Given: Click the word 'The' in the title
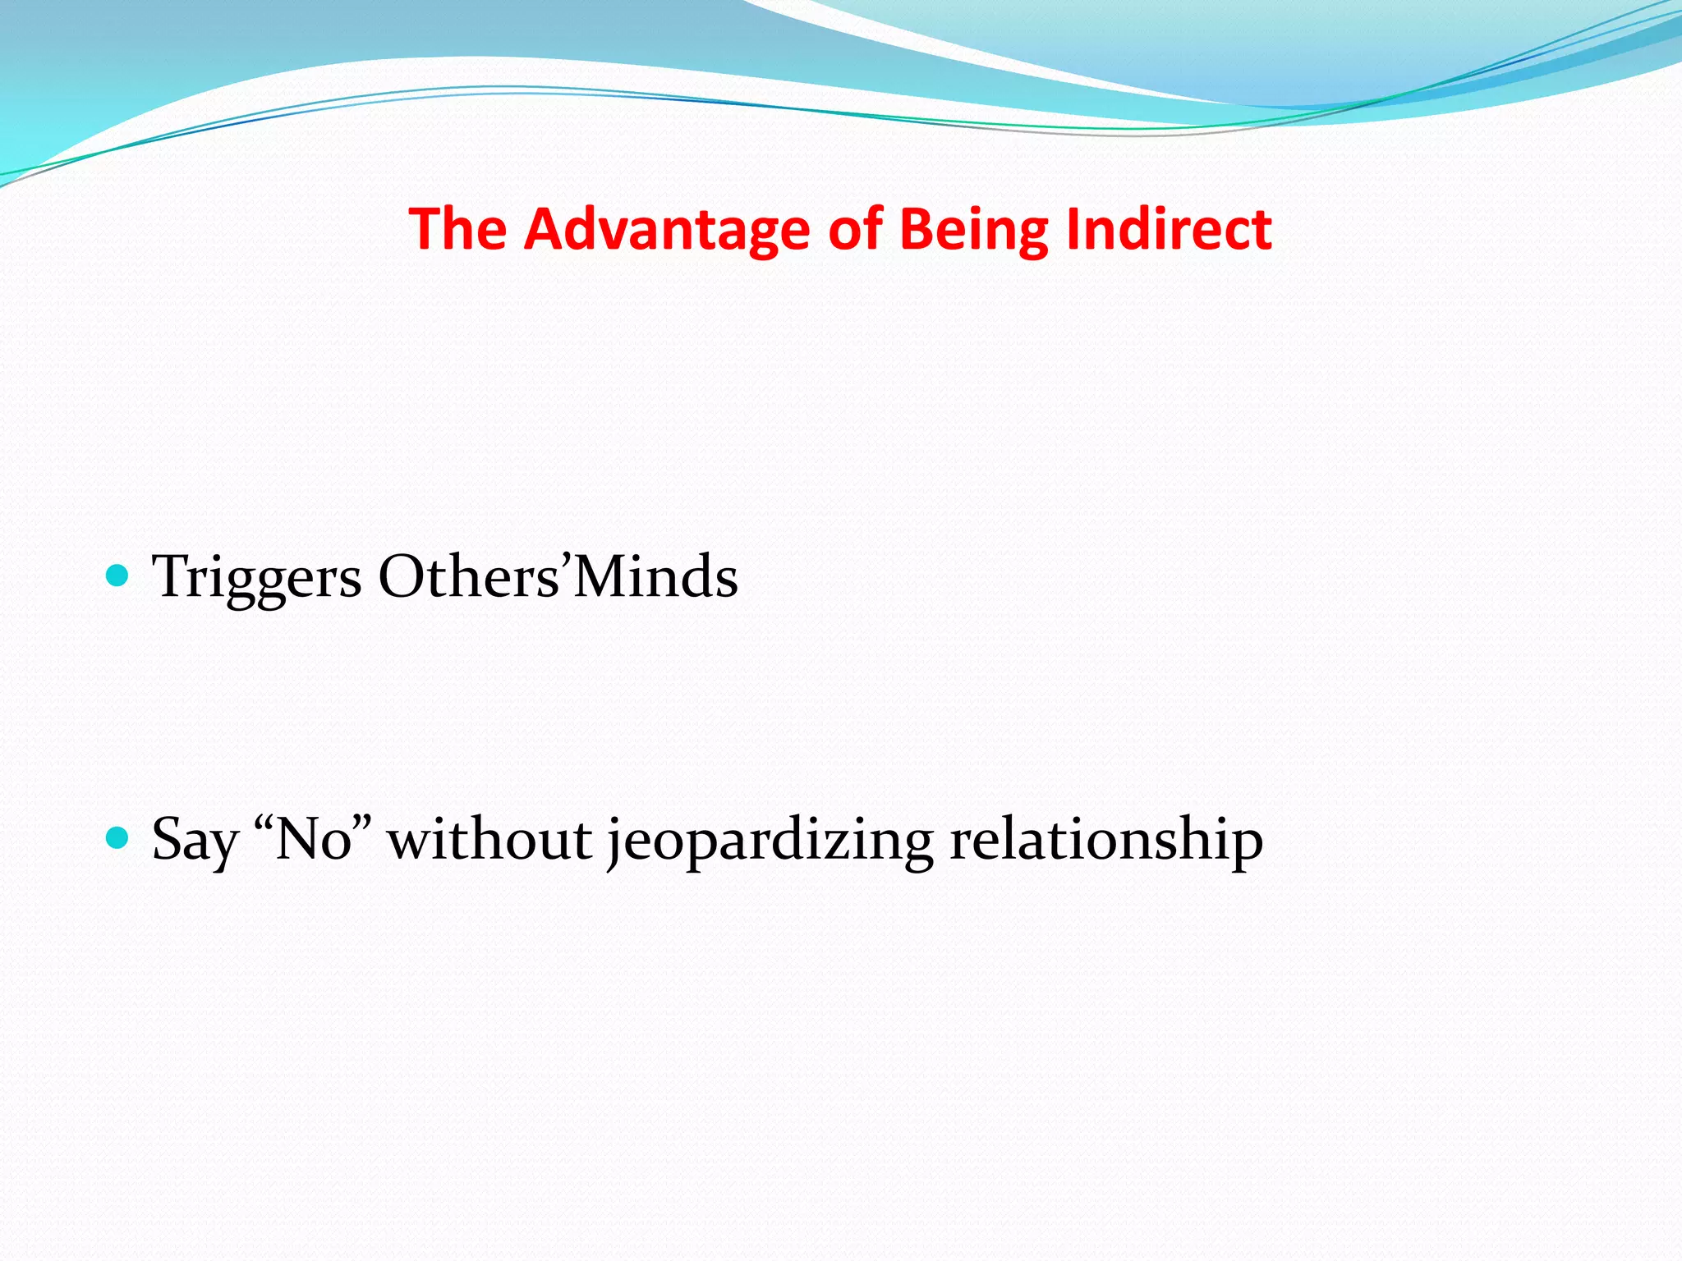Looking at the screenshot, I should pyautogui.click(x=457, y=229).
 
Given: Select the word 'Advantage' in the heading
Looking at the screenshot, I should pyautogui.click(x=667, y=229).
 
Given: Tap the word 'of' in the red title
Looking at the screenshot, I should pyautogui.click(x=855, y=229).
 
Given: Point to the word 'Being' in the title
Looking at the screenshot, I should pyautogui.click(x=974, y=229).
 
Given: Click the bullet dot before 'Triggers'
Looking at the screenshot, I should pyautogui.click(x=118, y=575).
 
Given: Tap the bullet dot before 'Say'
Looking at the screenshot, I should pyautogui.click(x=118, y=838).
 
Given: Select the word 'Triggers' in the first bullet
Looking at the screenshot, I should pyautogui.click(x=256, y=577).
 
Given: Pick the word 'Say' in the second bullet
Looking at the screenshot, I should pyautogui.click(x=195, y=840).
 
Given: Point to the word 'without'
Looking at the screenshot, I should pyautogui.click(x=489, y=840).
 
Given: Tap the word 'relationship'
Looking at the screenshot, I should pyautogui.click(x=1105, y=840).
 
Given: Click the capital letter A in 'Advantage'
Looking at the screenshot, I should pyautogui.click(x=543, y=229).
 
